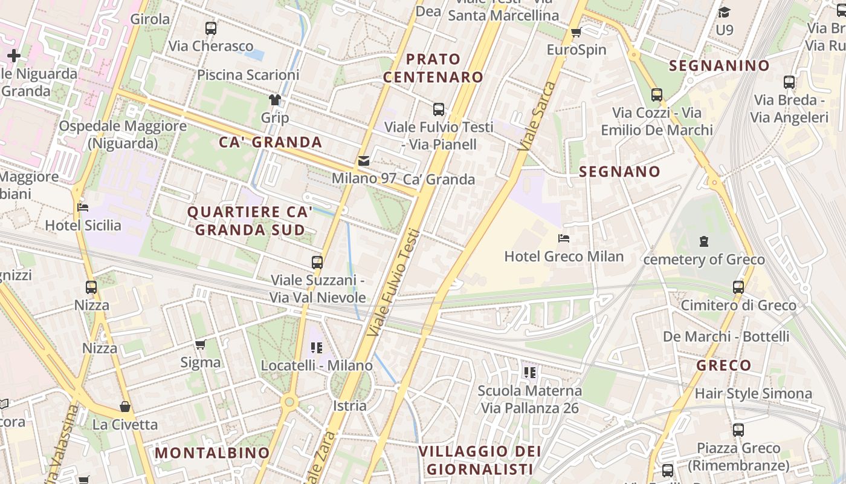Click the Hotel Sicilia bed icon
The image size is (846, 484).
tap(83, 208)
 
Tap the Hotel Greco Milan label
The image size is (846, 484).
tap(564, 256)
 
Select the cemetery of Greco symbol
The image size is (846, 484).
tap(703, 241)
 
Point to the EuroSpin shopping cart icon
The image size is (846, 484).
tap(576, 32)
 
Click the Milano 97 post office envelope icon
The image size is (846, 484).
tap(363, 161)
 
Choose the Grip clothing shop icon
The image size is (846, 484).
tap(275, 100)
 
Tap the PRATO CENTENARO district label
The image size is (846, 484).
tap(433, 68)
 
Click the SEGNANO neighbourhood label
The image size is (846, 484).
tap(619, 172)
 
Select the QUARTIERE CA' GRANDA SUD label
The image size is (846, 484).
tap(250, 221)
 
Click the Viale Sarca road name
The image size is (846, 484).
tap(536, 115)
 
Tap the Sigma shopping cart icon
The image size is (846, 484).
tap(201, 345)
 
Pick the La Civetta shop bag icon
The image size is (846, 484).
tap(125, 407)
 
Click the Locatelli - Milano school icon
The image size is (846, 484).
tap(317, 348)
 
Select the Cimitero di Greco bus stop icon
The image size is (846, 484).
tap(738, 287)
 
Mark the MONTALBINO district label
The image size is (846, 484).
tap(212, 453)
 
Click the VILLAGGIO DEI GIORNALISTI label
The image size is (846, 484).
tap(479, 460)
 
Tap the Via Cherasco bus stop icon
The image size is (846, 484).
tap(211, 28)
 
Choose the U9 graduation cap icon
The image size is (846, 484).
tap(724, 12)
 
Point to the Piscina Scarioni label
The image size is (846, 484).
tap(248, 75)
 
